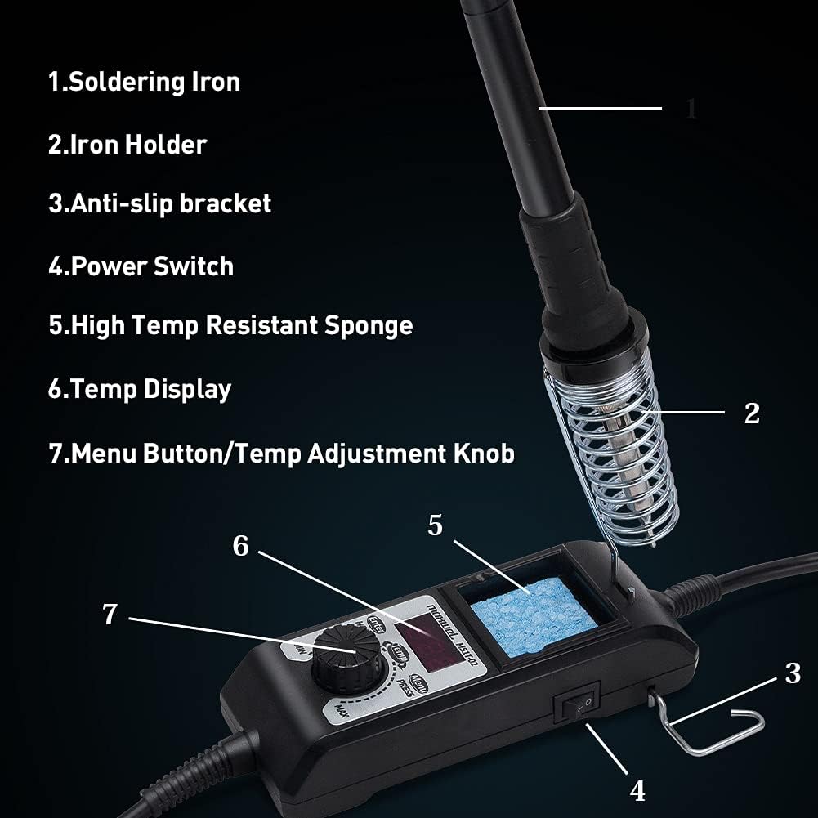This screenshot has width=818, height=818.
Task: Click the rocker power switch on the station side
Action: (577, 702)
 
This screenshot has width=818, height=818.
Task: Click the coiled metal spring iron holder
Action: (609, 458)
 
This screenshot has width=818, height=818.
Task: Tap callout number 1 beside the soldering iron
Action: (691, 109)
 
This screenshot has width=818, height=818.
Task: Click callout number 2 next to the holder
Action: (752, 413)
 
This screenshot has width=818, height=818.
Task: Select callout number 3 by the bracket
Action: (793, 673)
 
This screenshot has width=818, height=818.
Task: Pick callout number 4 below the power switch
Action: (637, 790)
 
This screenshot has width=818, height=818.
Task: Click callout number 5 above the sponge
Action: (435, 525)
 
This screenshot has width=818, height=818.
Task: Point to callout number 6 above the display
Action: (240, 545)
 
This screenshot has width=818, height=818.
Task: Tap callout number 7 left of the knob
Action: (110, 615)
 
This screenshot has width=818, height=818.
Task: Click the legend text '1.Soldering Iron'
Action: (144, 82)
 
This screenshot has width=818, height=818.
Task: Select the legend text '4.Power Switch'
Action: (141, 266)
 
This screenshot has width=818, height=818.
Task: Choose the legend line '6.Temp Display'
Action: (139, 389)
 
